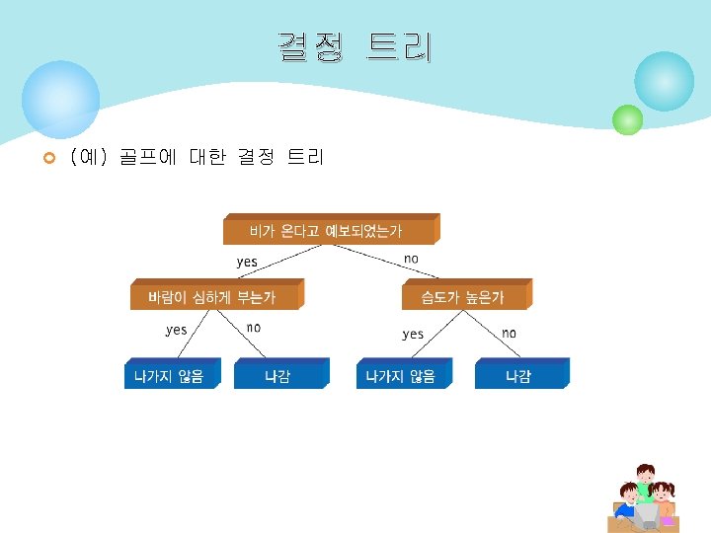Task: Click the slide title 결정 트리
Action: [x=355, y=46]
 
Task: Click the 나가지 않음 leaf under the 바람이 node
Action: [x=169, y=376]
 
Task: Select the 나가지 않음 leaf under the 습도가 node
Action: [x=400, y=376]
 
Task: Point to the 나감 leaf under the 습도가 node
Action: [x=518, y=376]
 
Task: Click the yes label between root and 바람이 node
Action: [x=247, y=262]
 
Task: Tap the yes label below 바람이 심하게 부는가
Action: [x=176, y=330]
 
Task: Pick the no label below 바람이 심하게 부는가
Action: [x=254, y=327]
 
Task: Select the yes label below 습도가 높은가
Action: [x=413, y=335]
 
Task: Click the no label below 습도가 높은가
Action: [x=509, y=333]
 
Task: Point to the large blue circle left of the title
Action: [x=61, y=99]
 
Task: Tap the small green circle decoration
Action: [x=627, y=119]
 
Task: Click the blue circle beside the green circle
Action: [x=664, y=82]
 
